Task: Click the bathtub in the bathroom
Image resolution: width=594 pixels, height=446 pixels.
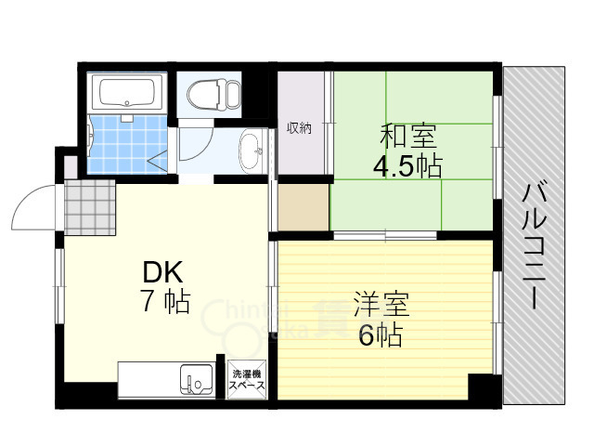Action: coord(127,92)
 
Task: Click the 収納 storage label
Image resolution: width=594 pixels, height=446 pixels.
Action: coord(299,128)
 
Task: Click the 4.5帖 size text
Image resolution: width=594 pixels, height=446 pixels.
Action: coord(407,167)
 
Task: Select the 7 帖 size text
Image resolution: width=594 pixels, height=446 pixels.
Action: coord(165,302)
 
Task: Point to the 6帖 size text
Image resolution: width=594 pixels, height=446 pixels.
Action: coord(381,335)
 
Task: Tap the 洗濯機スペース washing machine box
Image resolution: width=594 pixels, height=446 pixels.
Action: coord(247,380)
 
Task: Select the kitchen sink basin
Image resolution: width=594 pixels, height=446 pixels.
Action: coord(199,381)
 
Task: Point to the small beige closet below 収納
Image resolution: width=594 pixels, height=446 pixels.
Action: coord(303,208)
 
